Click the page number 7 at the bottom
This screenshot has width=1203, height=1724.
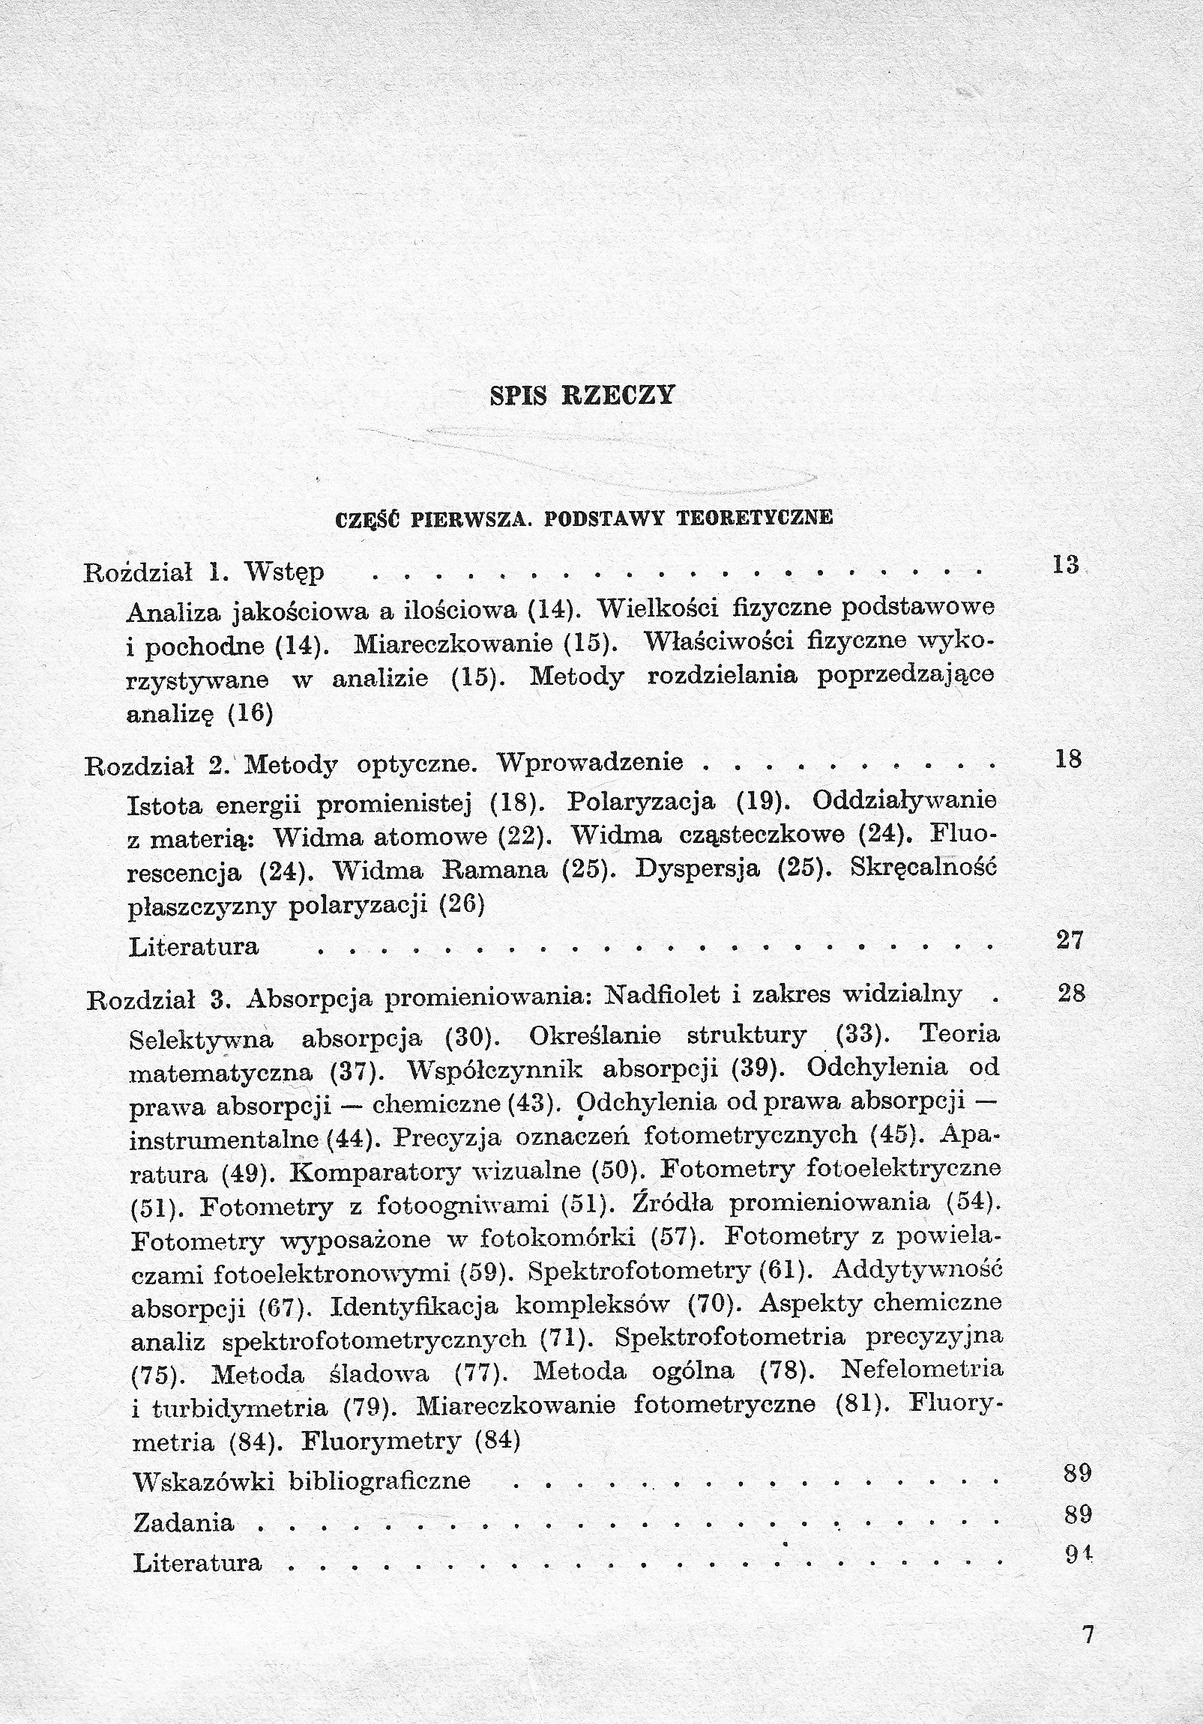(x=1089, y=1633)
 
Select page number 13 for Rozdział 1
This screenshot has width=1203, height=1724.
(x=1066, y=564)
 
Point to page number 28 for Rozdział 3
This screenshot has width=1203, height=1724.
(x=1071, y=993)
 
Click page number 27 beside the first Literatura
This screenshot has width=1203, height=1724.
(x=1070, y=940)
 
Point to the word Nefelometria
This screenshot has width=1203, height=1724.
(x=922, y=1370)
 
